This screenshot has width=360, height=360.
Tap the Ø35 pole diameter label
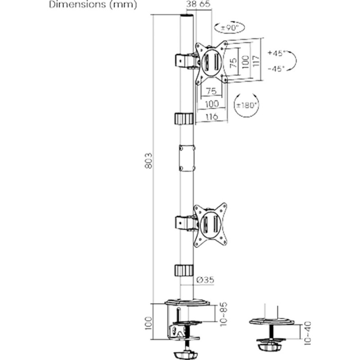(205, 280)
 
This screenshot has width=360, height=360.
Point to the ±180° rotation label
(247, 105)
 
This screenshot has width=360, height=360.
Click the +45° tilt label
(276, 53)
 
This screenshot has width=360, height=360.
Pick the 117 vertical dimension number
(255, 61)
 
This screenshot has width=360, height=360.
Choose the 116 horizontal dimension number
(211, 117)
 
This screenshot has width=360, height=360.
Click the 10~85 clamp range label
(221, 313)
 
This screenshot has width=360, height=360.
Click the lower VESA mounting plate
(210, 225)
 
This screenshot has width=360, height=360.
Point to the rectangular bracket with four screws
(187, 157)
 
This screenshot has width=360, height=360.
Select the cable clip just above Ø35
(184, 271)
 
